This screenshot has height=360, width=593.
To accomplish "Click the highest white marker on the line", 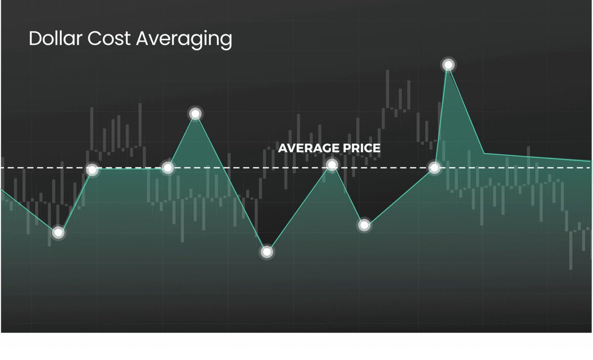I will tap(448, 65).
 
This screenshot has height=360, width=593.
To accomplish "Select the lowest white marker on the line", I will tap(267, 252).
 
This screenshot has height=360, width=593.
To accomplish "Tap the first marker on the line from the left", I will tap(58, 232).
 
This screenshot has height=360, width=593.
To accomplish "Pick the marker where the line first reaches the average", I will tap(92, 170).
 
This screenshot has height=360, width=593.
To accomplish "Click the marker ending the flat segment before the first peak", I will tap(168, 168).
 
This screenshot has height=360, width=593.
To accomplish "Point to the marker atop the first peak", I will tap(195, 114).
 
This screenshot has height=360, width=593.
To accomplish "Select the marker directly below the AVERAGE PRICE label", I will tap(332, 164).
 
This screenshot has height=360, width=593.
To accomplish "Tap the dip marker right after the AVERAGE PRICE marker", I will tap(364, 225).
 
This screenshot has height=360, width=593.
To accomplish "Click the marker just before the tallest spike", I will tap(434, 168).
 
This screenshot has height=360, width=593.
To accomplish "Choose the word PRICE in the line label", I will tap(362, 148).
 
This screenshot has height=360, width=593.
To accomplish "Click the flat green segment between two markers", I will tap(129, 169).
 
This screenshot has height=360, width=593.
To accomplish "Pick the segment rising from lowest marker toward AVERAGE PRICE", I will tap(299, 208).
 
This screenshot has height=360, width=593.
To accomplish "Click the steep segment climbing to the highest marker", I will tap(441, 117).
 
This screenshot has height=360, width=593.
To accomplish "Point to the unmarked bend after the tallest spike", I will tap(484, 154).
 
